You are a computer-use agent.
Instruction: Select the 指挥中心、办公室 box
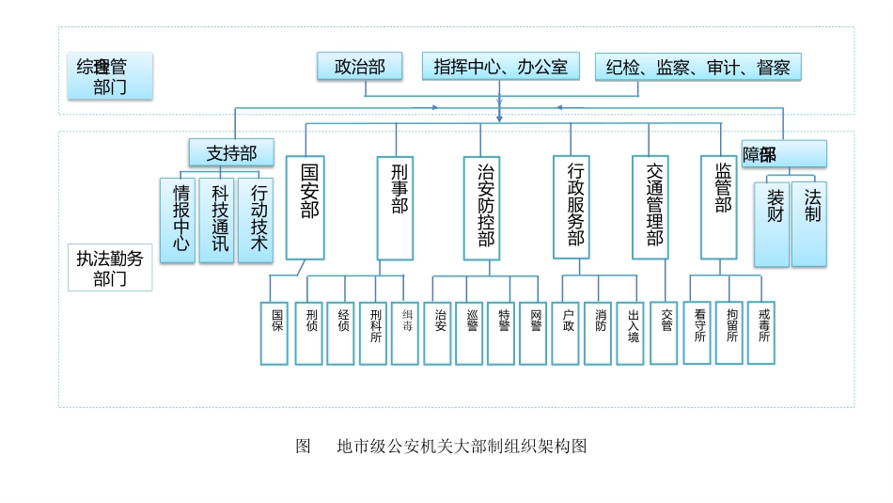pyautogui.click(x=500, y=67)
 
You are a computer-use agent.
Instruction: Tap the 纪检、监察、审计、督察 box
pyautogui.click(x=697, y=67)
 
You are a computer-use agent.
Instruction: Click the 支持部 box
pyautogui.click(x=231, y=152)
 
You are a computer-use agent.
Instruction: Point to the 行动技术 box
pyautogui.click(x=256, y=219)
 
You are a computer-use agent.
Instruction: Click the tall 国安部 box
pyautogui.click(x=306, y=207)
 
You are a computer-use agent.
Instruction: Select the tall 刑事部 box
pyautogui.click(x=396, y=207)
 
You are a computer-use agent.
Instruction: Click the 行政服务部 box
pyautogui.click(x=574, y=207)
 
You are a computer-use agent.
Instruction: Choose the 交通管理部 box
pyautogui.click(x=654, y=207)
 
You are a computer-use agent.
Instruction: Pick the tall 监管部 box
pyautogui.click(x=720, y=207)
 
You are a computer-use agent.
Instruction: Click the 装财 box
pyautogui.click(x=773, y=223)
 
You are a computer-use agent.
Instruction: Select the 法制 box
pyautogui.click(x=809, y=223)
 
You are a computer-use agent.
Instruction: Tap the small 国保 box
pyautogui.click(x=275, y=333)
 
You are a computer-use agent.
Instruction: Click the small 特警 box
pyautogui.click(x=504, y=333)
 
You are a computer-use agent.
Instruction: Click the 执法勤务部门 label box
pyautogui.click(x=111, y=268)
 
